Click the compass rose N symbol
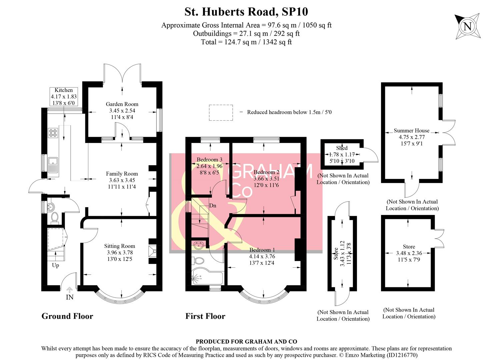pos(467,26)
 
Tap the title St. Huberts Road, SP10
pos(246,12)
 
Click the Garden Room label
pos(122,104)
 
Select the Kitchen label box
pos(64,97)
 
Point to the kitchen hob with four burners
pos(53,133)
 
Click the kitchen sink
pos(53,165)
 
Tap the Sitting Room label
pos(119,246)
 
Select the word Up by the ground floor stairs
pos(55,265)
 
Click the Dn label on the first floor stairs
pos(213,206)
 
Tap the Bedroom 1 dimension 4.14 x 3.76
pos(262,256)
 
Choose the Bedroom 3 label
pos(209,160)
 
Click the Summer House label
pos(411,131)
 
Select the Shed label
pos(342,148)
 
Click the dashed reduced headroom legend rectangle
pos(221,112)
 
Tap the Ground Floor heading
pos(67,316)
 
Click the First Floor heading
pos(205,316)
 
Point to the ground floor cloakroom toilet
pos(55,217)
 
